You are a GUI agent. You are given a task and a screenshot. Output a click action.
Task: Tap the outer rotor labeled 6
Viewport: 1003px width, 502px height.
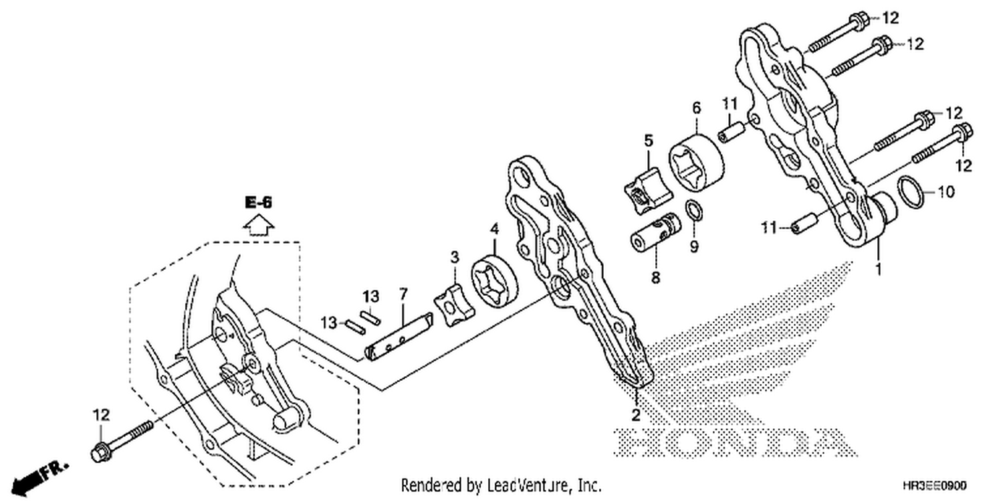pos(696,164)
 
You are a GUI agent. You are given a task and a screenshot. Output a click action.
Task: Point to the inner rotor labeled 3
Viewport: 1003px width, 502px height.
pos(454,305)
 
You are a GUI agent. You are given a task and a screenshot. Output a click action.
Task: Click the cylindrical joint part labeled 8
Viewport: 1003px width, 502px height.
pos(655,232)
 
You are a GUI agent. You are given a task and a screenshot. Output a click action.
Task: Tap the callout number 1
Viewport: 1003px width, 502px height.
pos(879,269)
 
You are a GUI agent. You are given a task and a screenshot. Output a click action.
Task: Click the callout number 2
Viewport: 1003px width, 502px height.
pos(636,415)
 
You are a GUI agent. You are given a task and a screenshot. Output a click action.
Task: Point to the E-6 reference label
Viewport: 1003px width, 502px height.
pos(259,203)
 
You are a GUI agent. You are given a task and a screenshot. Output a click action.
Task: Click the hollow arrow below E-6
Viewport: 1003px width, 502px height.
pos(259,226)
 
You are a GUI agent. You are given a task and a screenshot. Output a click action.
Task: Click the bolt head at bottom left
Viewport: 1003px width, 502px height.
pos(99,452)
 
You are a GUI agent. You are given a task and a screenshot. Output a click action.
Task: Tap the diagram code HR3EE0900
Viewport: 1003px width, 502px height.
pos(935,485)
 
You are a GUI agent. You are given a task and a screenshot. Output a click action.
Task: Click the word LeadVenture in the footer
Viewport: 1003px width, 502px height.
pos(529,485)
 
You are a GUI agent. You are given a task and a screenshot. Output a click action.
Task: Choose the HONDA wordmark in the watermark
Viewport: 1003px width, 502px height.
pos(734,443)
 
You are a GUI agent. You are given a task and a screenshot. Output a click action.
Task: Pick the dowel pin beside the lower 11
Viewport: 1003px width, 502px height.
pos(804,223)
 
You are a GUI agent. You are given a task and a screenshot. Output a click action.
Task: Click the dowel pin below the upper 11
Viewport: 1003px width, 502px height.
pos(732,131)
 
